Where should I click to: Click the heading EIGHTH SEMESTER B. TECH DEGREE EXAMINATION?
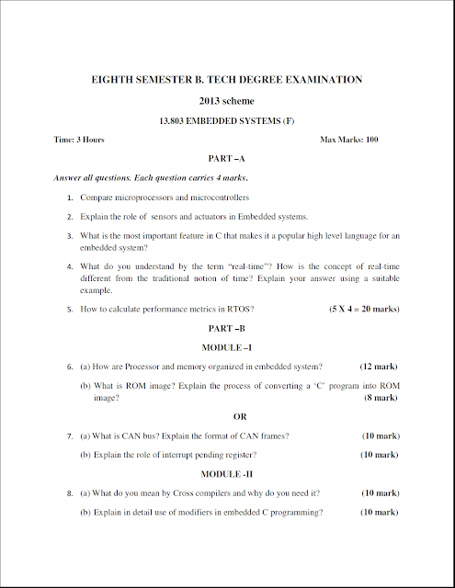227,80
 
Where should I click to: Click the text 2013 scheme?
226,101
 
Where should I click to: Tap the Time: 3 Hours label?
79,140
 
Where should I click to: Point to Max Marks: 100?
348,140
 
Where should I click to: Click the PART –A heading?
227,159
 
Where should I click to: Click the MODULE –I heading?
227,347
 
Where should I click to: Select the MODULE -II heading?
227,473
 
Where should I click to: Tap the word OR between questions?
227,416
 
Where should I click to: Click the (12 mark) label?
379,367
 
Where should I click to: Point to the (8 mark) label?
381,398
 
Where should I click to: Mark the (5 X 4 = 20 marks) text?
364,310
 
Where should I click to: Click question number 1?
71,198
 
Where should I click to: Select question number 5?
71,310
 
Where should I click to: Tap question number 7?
70,435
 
